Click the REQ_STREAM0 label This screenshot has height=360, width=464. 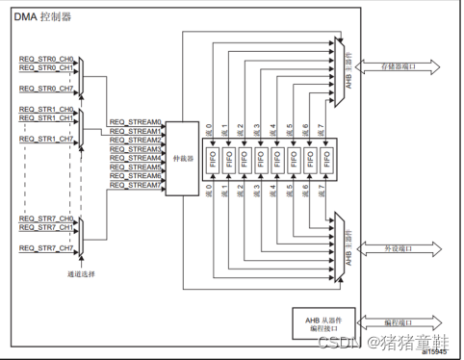(135, 122)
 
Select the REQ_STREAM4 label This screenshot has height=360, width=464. (135, 158)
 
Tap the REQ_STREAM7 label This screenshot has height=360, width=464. (135, 185)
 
